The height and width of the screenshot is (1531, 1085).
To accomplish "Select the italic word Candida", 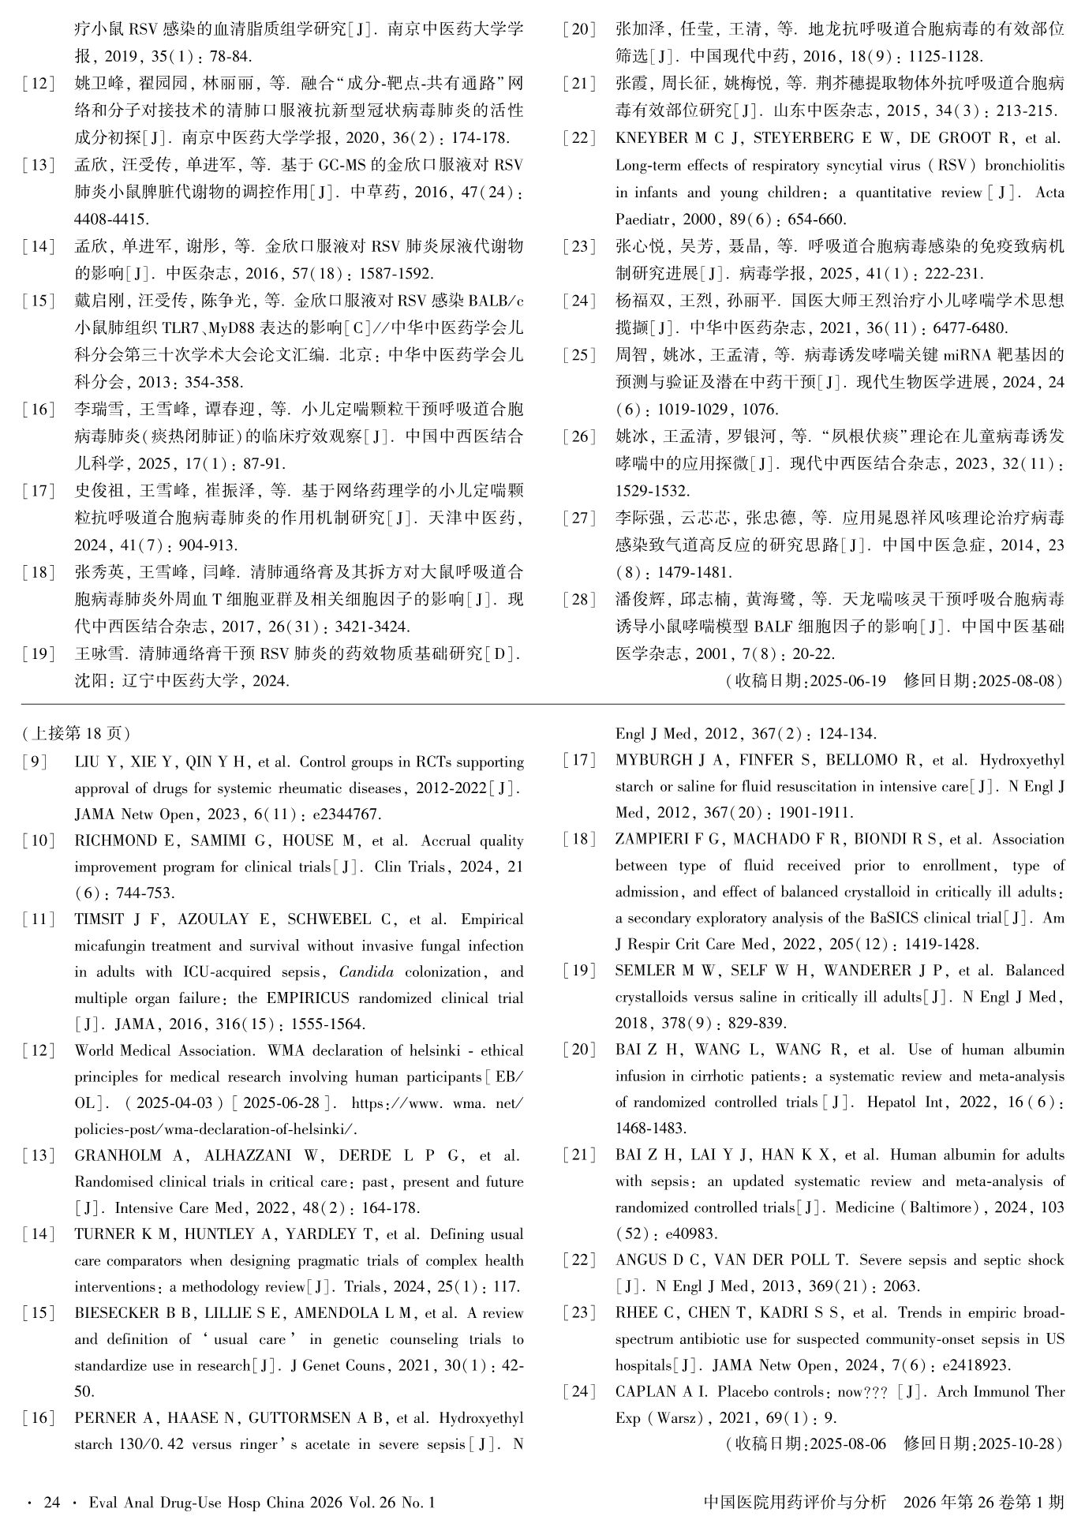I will tap(366, 971).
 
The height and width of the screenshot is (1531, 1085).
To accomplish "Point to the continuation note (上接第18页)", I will tap(77, 733).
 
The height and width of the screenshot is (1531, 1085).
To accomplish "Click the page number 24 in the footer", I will tap(51, 1502).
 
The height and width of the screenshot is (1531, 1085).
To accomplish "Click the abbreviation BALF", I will tap(773, 627).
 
